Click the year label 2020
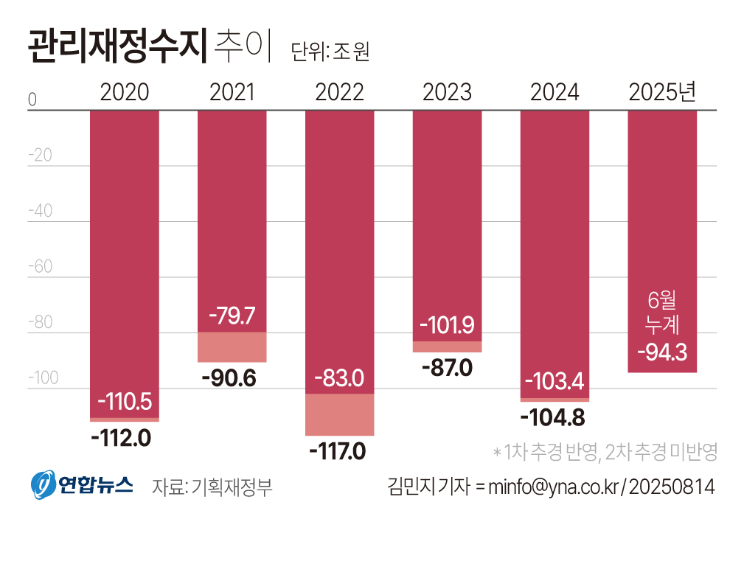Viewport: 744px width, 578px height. point(124,92)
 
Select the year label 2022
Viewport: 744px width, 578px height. point(339,92)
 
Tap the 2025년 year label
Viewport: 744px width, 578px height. point(661,92)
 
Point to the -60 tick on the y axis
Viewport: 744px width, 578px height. point(40,267)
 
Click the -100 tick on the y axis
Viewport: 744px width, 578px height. point(44,378)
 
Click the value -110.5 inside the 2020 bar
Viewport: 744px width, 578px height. point(124,402)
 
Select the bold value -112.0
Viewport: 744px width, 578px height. point(121,438)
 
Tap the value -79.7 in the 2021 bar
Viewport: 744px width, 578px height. point(232,316)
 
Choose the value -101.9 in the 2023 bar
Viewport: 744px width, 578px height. point(447,325)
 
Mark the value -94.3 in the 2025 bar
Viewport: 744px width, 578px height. point(661,352)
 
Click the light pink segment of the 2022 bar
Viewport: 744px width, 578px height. point(339,414)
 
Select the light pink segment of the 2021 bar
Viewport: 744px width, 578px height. point(232,347)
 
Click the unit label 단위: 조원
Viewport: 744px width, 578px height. point(330,52)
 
